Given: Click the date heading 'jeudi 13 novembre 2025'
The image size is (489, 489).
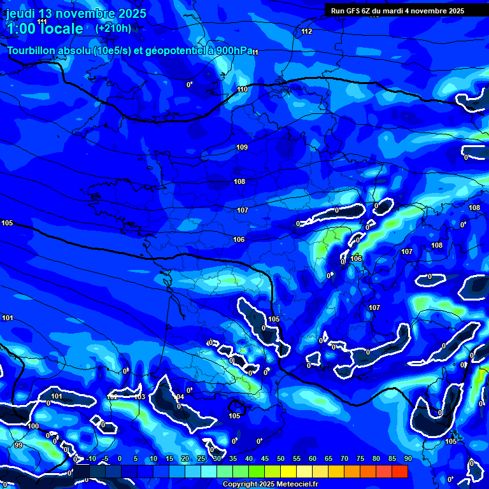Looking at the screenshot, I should coord(76,13).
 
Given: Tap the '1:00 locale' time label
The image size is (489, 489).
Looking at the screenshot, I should coord(45,29).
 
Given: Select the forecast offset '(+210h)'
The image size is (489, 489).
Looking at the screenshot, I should coord(113,28).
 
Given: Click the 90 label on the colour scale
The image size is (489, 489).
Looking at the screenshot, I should coord(407,458).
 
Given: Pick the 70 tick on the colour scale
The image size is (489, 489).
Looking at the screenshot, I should coord(344,458).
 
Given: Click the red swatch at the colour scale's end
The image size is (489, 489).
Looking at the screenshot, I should coord(400,471).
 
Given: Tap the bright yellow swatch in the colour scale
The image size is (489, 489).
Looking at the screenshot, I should coord(288,471).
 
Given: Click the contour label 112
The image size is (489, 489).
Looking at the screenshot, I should coord(307,31).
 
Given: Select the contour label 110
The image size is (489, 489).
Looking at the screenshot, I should coord(242,89).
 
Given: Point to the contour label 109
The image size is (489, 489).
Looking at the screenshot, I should coord(242,147).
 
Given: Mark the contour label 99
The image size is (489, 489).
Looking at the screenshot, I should coord(18,445).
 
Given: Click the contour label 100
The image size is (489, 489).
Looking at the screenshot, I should coord(33,426).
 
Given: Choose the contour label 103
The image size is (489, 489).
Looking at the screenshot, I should coord(140,397).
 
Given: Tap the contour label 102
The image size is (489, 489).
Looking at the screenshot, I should coord(112,397).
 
